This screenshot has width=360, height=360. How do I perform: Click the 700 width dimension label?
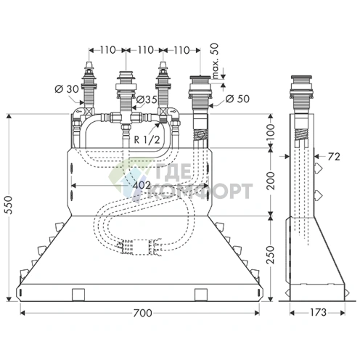point(142,313)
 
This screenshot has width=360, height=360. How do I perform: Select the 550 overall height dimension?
point(9,205)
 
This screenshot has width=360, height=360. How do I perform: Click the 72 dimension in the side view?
point(334,157)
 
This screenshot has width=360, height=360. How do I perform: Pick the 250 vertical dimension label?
point(271,255)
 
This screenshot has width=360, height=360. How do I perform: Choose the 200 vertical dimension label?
point(271,181)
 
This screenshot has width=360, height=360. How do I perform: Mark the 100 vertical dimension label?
point(271,131)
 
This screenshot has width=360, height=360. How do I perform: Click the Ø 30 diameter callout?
point(67,89)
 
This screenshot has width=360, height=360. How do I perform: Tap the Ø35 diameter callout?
point(147,99)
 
